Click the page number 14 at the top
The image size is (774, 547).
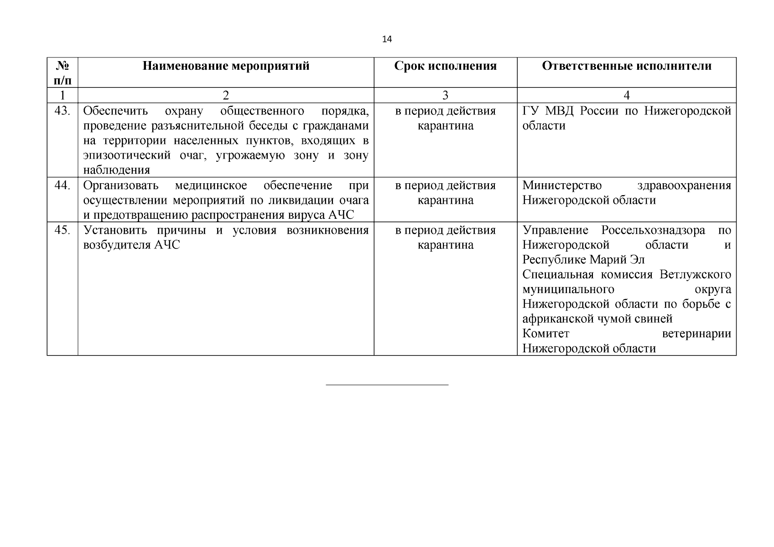(387, 39)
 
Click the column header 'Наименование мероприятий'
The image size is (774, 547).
(226, 66)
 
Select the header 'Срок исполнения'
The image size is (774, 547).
(445, 66)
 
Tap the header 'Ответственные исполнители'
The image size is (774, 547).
(626, 66)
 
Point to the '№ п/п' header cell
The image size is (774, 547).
(62, 73)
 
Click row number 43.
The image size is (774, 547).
(62, 111)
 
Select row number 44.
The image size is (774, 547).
(62, 186)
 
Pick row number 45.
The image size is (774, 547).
(62, 230)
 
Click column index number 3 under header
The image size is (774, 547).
(445, 95)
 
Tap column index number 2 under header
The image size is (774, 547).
(226, 95)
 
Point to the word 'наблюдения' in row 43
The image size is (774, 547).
(117, 170)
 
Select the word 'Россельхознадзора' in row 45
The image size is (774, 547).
(653, 230)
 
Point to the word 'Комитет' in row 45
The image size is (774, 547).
(545, 334)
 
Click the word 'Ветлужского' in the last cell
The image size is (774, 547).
(695, 275)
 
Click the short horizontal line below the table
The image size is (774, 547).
(387, 385)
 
